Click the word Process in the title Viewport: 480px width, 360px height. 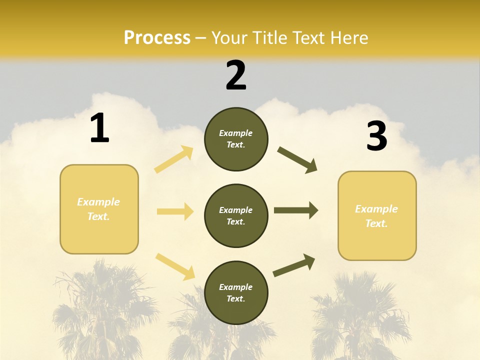(x=157, y=38)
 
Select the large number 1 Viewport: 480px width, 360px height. (x=99, y=128)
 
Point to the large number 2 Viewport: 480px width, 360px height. (x=236, y=75)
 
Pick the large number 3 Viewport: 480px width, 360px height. (x=376, y=136)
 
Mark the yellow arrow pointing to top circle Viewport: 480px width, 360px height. (x=174, y=159)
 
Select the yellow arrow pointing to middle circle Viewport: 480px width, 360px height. (x=175, y=211)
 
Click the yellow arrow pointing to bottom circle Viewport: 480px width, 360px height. (x=175, y=266)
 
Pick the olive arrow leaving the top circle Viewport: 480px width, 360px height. (x=297, y=160)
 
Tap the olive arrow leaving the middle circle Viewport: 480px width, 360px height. (x=295, y=210)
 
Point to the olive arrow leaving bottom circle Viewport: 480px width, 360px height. (x=294, y=265)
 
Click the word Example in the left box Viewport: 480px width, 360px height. (x=98, y=202)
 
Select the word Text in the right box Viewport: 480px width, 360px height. (x=376, y=223)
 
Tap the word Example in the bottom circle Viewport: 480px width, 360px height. (x=235, y=287)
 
